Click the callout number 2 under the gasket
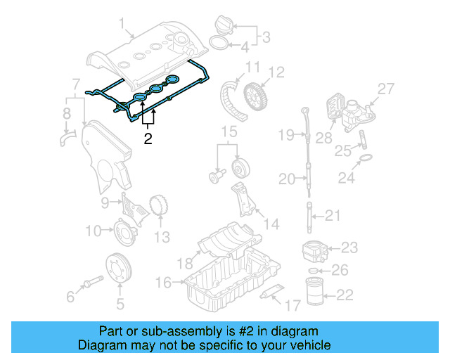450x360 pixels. pos(148,139)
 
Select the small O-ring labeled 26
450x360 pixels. pos(314,271)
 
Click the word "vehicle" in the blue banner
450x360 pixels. pos(304,345)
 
